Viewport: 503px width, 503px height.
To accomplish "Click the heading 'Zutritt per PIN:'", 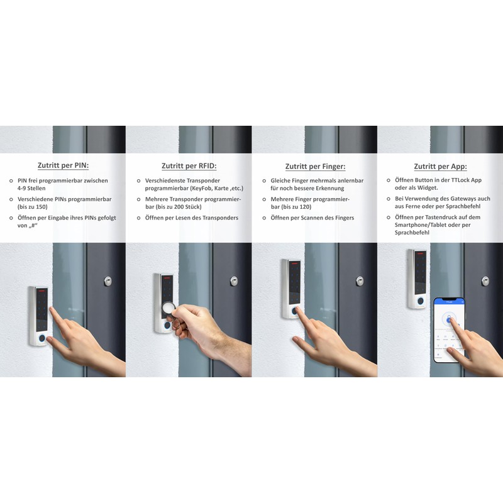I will pos(63,166).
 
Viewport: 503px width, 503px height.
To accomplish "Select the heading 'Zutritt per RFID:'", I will pos(189,166).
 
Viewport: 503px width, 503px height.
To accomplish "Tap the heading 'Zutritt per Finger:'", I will pos(314,167).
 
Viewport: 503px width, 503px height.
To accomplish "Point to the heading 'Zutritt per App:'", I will pos(439,167).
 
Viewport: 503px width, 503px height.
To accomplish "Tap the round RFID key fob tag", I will pos(170,308).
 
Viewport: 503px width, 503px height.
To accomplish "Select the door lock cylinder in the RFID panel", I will pos(234,280).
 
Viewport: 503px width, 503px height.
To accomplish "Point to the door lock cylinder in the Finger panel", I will pos(360,280).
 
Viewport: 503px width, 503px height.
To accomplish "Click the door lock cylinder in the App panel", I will pos(485,280).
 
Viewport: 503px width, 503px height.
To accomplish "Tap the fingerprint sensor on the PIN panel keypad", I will pos(41,338).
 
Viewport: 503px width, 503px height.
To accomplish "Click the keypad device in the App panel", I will pos(417,279).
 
